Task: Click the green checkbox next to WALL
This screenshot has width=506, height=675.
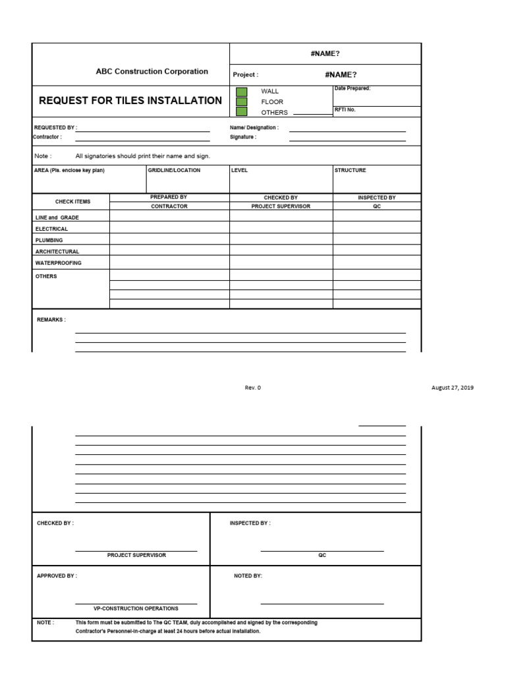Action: coord(242,92)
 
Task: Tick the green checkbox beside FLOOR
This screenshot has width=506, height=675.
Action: coord(242,102)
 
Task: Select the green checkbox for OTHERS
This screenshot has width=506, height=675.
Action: coord(242,112)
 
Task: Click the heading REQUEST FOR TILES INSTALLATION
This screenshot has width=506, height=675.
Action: coord(130,101)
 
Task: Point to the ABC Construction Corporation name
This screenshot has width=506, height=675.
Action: coord(152,71)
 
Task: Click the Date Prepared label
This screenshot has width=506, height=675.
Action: coord(352,88)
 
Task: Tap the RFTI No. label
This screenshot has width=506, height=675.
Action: coord(345,110)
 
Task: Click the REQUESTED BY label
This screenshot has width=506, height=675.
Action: coord(55,127)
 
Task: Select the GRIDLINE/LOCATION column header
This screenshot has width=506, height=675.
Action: coord(174,170)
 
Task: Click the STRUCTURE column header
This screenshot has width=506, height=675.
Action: coord(350,170)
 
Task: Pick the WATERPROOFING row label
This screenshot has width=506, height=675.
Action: coord(59,263)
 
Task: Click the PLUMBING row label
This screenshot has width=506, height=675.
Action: coord(49,241)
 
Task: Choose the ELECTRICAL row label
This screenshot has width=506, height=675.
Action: coord(52,229)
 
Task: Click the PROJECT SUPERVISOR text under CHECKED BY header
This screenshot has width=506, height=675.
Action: coord(281,206)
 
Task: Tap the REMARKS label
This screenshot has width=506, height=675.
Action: coord(51,320)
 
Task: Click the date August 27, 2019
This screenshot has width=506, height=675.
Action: coord(452,388)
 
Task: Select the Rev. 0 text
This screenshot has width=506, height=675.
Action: coord(253,388)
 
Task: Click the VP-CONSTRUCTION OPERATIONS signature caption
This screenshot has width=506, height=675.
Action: coord(136,608)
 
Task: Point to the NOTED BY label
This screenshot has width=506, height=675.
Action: coord(248,575)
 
